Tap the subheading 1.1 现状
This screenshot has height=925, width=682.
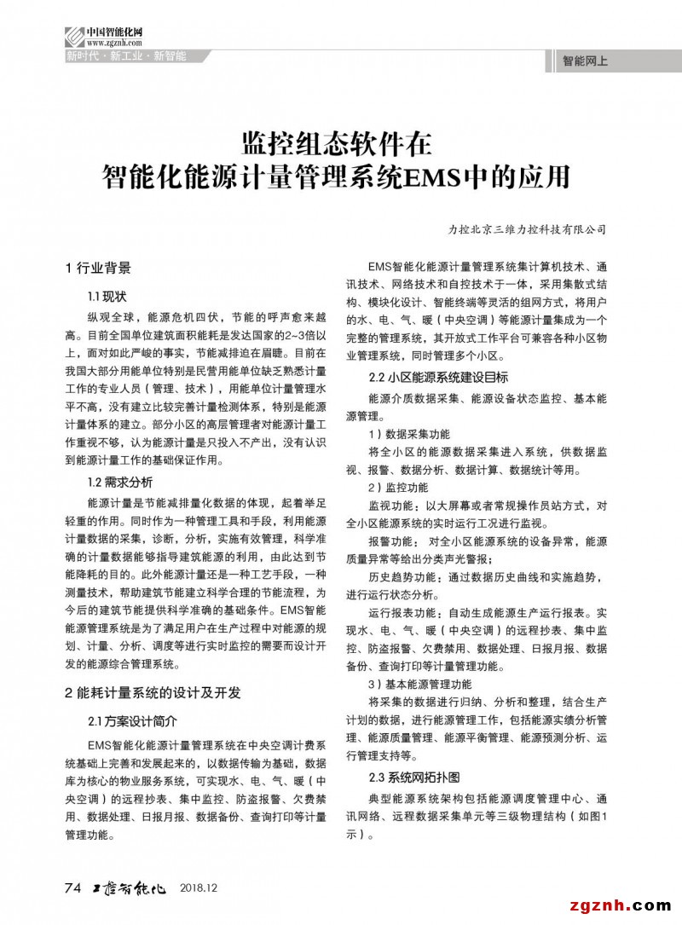pyautogui.click(x=107, y=296)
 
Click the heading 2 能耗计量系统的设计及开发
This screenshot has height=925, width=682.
pyautogui.click(x=153, y=692)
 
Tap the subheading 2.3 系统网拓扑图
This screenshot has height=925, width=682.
pyautogui.click(x=414, y=778)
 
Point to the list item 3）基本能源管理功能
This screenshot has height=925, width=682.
pyautogui.click(x=419, y=684)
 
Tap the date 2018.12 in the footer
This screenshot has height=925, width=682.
pyautogui.click(x=200, y=888)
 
